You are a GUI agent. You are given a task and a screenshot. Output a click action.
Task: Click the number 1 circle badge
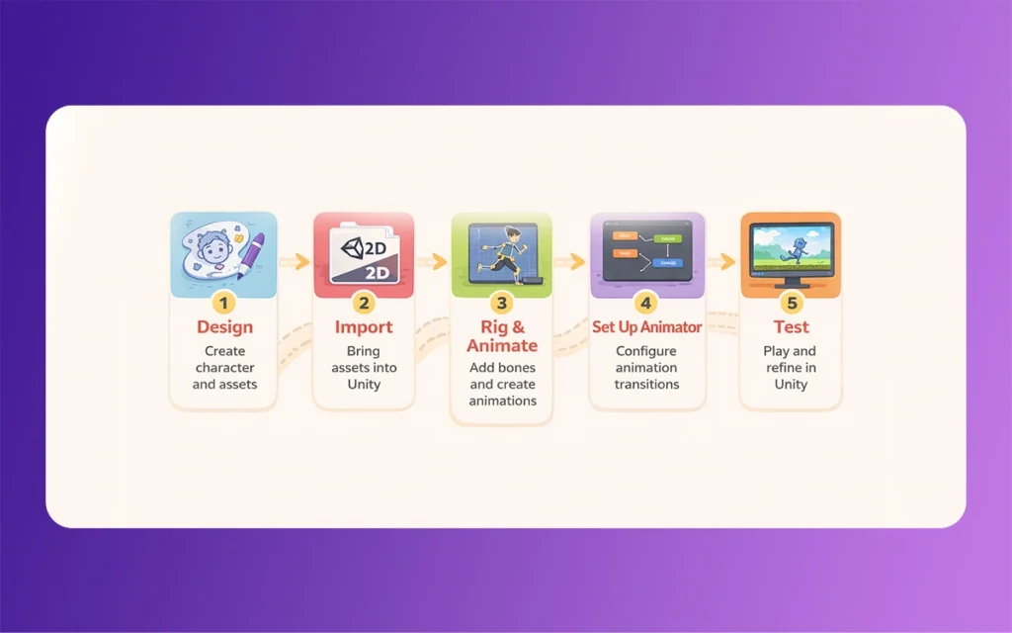pos(223,302)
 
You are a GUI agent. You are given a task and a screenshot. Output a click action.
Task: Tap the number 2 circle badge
pos(364,302)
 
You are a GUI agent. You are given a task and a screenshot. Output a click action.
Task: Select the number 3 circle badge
pos(502,303)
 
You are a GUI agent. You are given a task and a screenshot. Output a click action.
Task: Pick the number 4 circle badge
pos(646,302)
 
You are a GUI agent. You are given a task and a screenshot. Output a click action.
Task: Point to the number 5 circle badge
pos(791,302)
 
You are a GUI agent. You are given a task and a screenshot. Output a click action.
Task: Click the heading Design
pos(224,327)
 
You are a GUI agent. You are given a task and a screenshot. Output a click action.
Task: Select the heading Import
pos(364,327)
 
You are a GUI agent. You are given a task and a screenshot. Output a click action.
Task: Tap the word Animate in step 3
pos(502,346)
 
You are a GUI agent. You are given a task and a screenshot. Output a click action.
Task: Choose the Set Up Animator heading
pos(646,327)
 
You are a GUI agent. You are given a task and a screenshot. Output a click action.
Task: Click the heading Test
pos(791,327)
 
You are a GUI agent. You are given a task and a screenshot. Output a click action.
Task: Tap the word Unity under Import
pos(364,384)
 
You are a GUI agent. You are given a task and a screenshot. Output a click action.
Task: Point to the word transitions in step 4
pos(646,384)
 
